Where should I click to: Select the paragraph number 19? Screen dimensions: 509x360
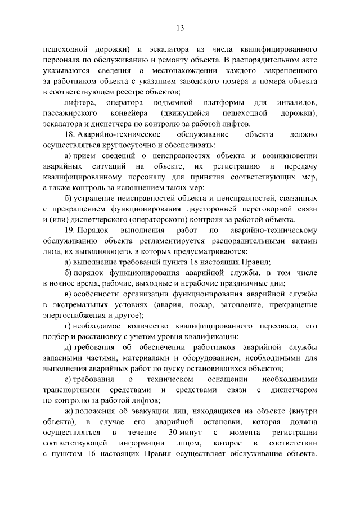click(69, 231)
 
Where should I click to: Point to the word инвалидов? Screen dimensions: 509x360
click(297, 103)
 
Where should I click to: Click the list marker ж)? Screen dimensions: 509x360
click(70, 411)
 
